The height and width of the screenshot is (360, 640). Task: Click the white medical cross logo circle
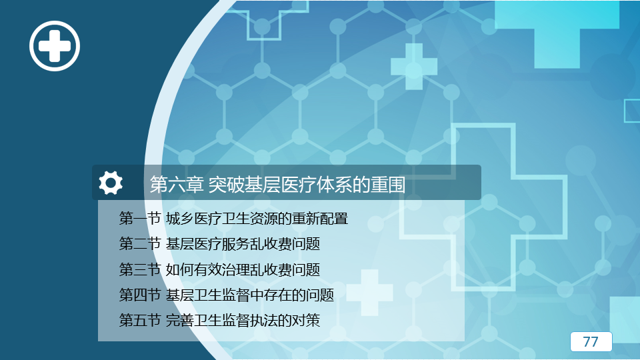pyautogui.click(x=54, y=46)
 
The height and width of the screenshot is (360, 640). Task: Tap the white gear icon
pyautogui.click(x=111, y=183)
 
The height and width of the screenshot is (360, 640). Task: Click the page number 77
pyautogui.click(x=591, y=341)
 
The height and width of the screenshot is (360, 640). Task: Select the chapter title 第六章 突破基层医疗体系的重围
pyautogui.click(x=277, y=185)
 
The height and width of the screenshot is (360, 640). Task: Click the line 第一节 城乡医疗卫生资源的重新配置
pyautogui.click(x=233, y=219)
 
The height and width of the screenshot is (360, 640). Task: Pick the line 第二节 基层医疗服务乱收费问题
pyautogui.click(x=219, y=244)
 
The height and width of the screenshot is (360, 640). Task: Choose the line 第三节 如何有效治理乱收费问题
pyautogui.click(x=219, y=269)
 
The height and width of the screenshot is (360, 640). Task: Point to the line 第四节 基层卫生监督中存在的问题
pyautogui.click(x=226, y=295)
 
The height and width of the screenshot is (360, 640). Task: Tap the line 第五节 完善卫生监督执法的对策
pyautogui.click(x=219, y=321)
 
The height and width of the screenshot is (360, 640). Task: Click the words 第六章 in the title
pyautogui.click(x=176, y=185)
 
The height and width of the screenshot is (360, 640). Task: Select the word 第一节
pyautogui.click(x=139, y=219)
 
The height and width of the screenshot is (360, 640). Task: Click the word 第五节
pyautogui.click(x=139, y=321)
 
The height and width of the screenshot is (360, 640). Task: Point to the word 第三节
pyautogui.click(x=139, y=269)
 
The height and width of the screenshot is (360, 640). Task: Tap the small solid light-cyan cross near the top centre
pyautogui.click(x=414, y=67)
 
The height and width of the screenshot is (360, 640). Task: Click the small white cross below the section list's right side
pyautogui.click(x=370, y=292)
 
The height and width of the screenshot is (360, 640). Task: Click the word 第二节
pyautogui.click(x=139, y=244)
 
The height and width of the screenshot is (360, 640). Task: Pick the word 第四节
pyautogui.click(x=139, y=295)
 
